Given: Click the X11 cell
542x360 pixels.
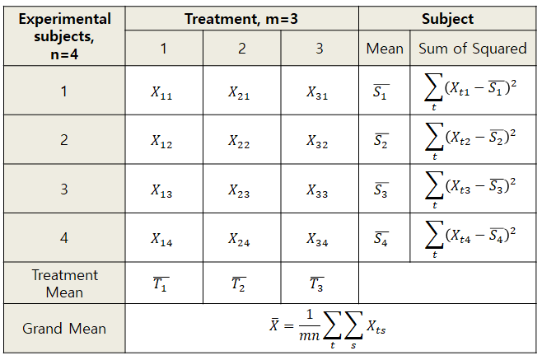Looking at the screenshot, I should tap(162, 92).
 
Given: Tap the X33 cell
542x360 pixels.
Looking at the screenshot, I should tap(318, 190).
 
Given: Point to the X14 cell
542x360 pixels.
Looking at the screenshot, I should tap(162, 239).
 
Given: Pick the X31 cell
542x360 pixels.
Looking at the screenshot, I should tap(318, 92).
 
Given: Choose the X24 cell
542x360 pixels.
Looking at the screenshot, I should tap(241, 239).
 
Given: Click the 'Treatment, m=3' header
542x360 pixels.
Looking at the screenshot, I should tap(241, 18).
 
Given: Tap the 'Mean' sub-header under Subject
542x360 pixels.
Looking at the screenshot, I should tap(385, 49).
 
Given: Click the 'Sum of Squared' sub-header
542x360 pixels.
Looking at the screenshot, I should tap(472, 49).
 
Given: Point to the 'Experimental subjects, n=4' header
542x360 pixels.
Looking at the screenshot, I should tap(64, 36).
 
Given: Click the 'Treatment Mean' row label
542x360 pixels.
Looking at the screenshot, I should tap(64, 283).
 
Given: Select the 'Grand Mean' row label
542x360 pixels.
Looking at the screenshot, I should tap(64, 328).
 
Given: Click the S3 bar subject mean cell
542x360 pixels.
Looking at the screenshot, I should tap(381, 190).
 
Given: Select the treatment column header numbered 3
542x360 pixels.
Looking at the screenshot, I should tap(319, 49).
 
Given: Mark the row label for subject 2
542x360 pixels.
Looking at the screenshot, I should tap(64, 140).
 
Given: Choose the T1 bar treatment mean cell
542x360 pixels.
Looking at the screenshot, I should tap(161, 284).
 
